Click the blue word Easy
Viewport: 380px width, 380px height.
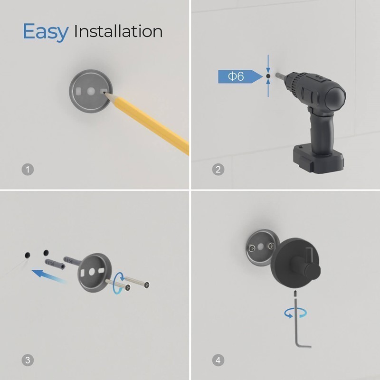(46, 32)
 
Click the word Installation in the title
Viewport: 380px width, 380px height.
(118, 31)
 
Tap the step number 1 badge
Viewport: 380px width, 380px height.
(28, 170)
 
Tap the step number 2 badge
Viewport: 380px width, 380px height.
(218, 170)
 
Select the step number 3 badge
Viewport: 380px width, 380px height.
(28, 360)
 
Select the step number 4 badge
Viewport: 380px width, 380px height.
(218, 360)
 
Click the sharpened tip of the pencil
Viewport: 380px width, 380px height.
(104, 92)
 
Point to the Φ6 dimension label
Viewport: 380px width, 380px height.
(236, 76)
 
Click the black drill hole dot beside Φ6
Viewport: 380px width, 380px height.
(268, 76)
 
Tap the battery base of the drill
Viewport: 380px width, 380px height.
(318, 159)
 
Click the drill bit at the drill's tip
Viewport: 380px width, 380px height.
(279, 75)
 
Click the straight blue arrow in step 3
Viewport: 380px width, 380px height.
(49, 276)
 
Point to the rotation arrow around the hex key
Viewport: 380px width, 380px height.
(295, 313)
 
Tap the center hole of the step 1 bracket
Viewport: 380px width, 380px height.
(91, 91)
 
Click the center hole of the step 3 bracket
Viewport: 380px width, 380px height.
(92, 272)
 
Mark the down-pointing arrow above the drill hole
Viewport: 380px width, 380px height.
(268, 64)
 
